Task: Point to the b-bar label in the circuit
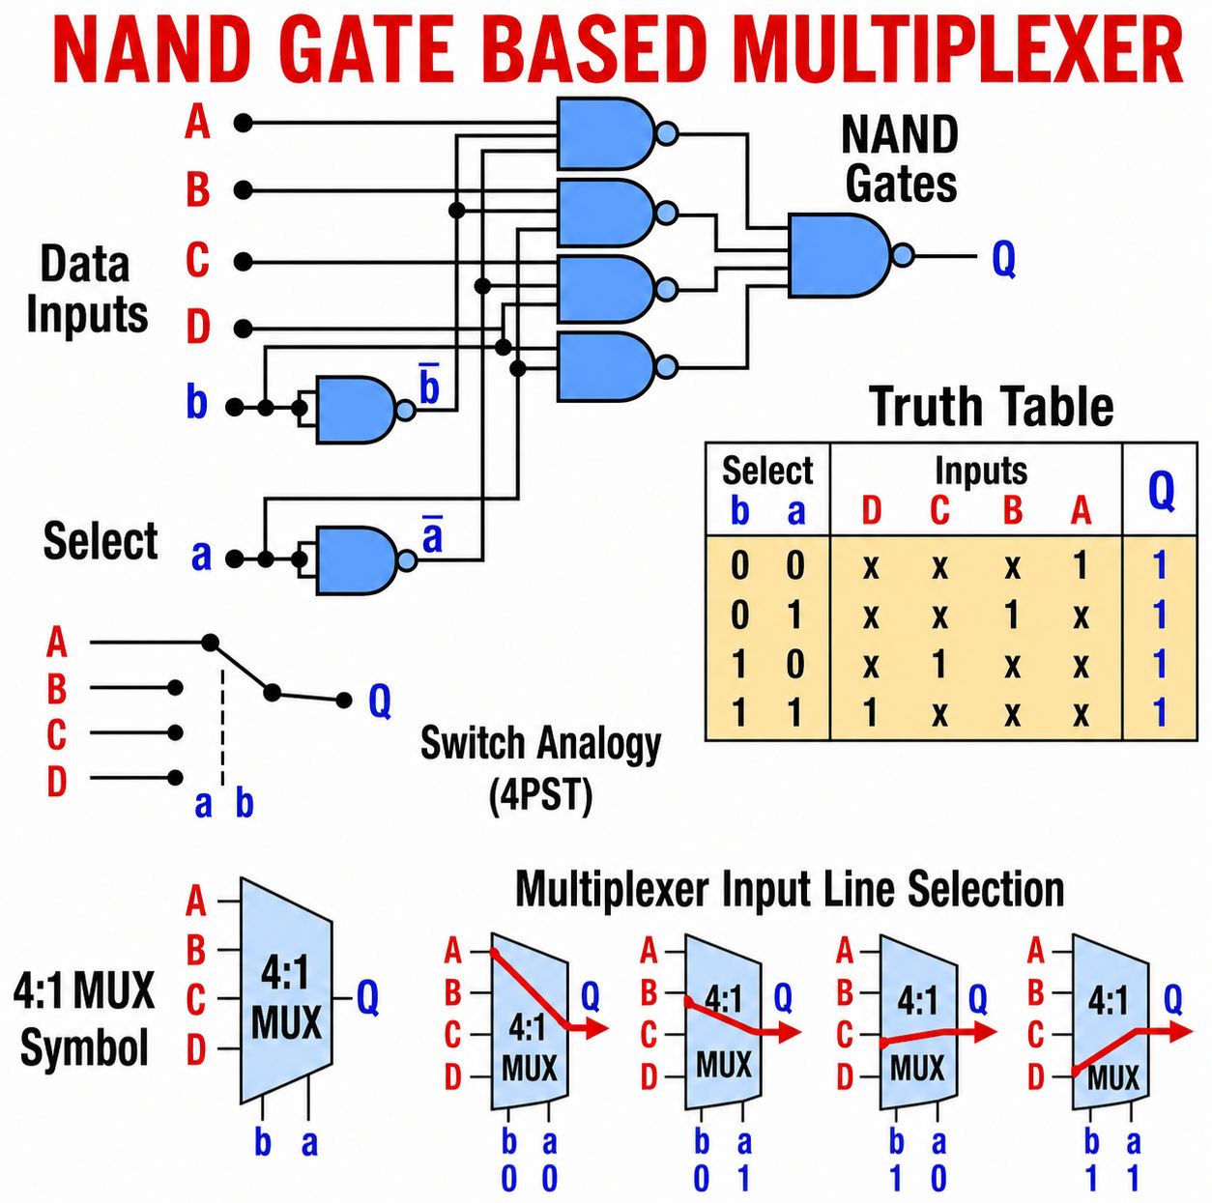pyautogui.click(x=429, y=385)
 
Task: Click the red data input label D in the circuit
pyautogui.click(x=197, y=328)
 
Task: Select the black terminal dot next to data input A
pyautogui.click(x=243, y=123)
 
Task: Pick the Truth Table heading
pyautogui.click(x=992, y=407)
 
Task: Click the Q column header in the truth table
pyautogui.click(x=1161, y=491)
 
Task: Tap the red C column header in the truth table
pyautogui.click(x=939, y=511)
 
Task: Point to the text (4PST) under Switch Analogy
pyautogui.click(x=541, y=795)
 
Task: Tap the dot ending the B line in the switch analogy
pyautogui.click(x=176, y=687)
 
